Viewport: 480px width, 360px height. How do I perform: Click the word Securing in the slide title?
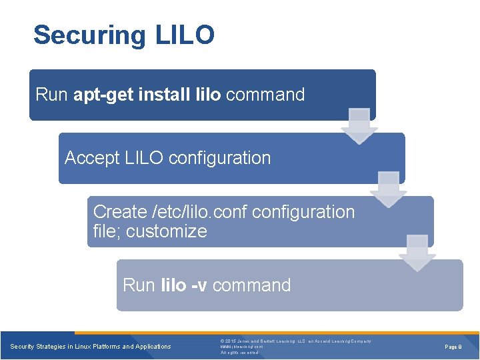coord(87,35)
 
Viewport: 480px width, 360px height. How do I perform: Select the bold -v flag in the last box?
coord(199,285)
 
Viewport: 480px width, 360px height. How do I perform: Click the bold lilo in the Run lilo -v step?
coord(173,285)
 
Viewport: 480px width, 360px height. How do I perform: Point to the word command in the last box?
coord(252,285)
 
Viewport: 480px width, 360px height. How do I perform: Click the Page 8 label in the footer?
coord(454,347)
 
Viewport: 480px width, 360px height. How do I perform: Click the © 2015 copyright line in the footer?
coord(295,341)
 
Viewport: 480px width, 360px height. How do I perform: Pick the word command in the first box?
coord(265,95)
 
